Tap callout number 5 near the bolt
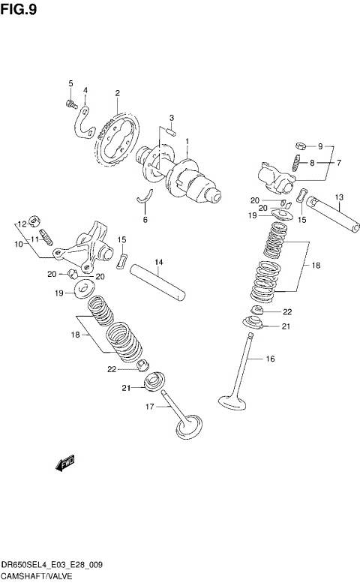pos(70,83)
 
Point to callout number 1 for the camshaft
pos(187,141)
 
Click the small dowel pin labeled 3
pos(172,132)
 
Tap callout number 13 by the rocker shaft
pos(338,163)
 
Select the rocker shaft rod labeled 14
pos(158,282)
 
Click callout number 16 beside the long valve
pos(272,359)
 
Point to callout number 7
pos(338,163)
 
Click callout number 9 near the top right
pos(319,146)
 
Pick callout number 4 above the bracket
pos(85,90)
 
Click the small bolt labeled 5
pos(70,103)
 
